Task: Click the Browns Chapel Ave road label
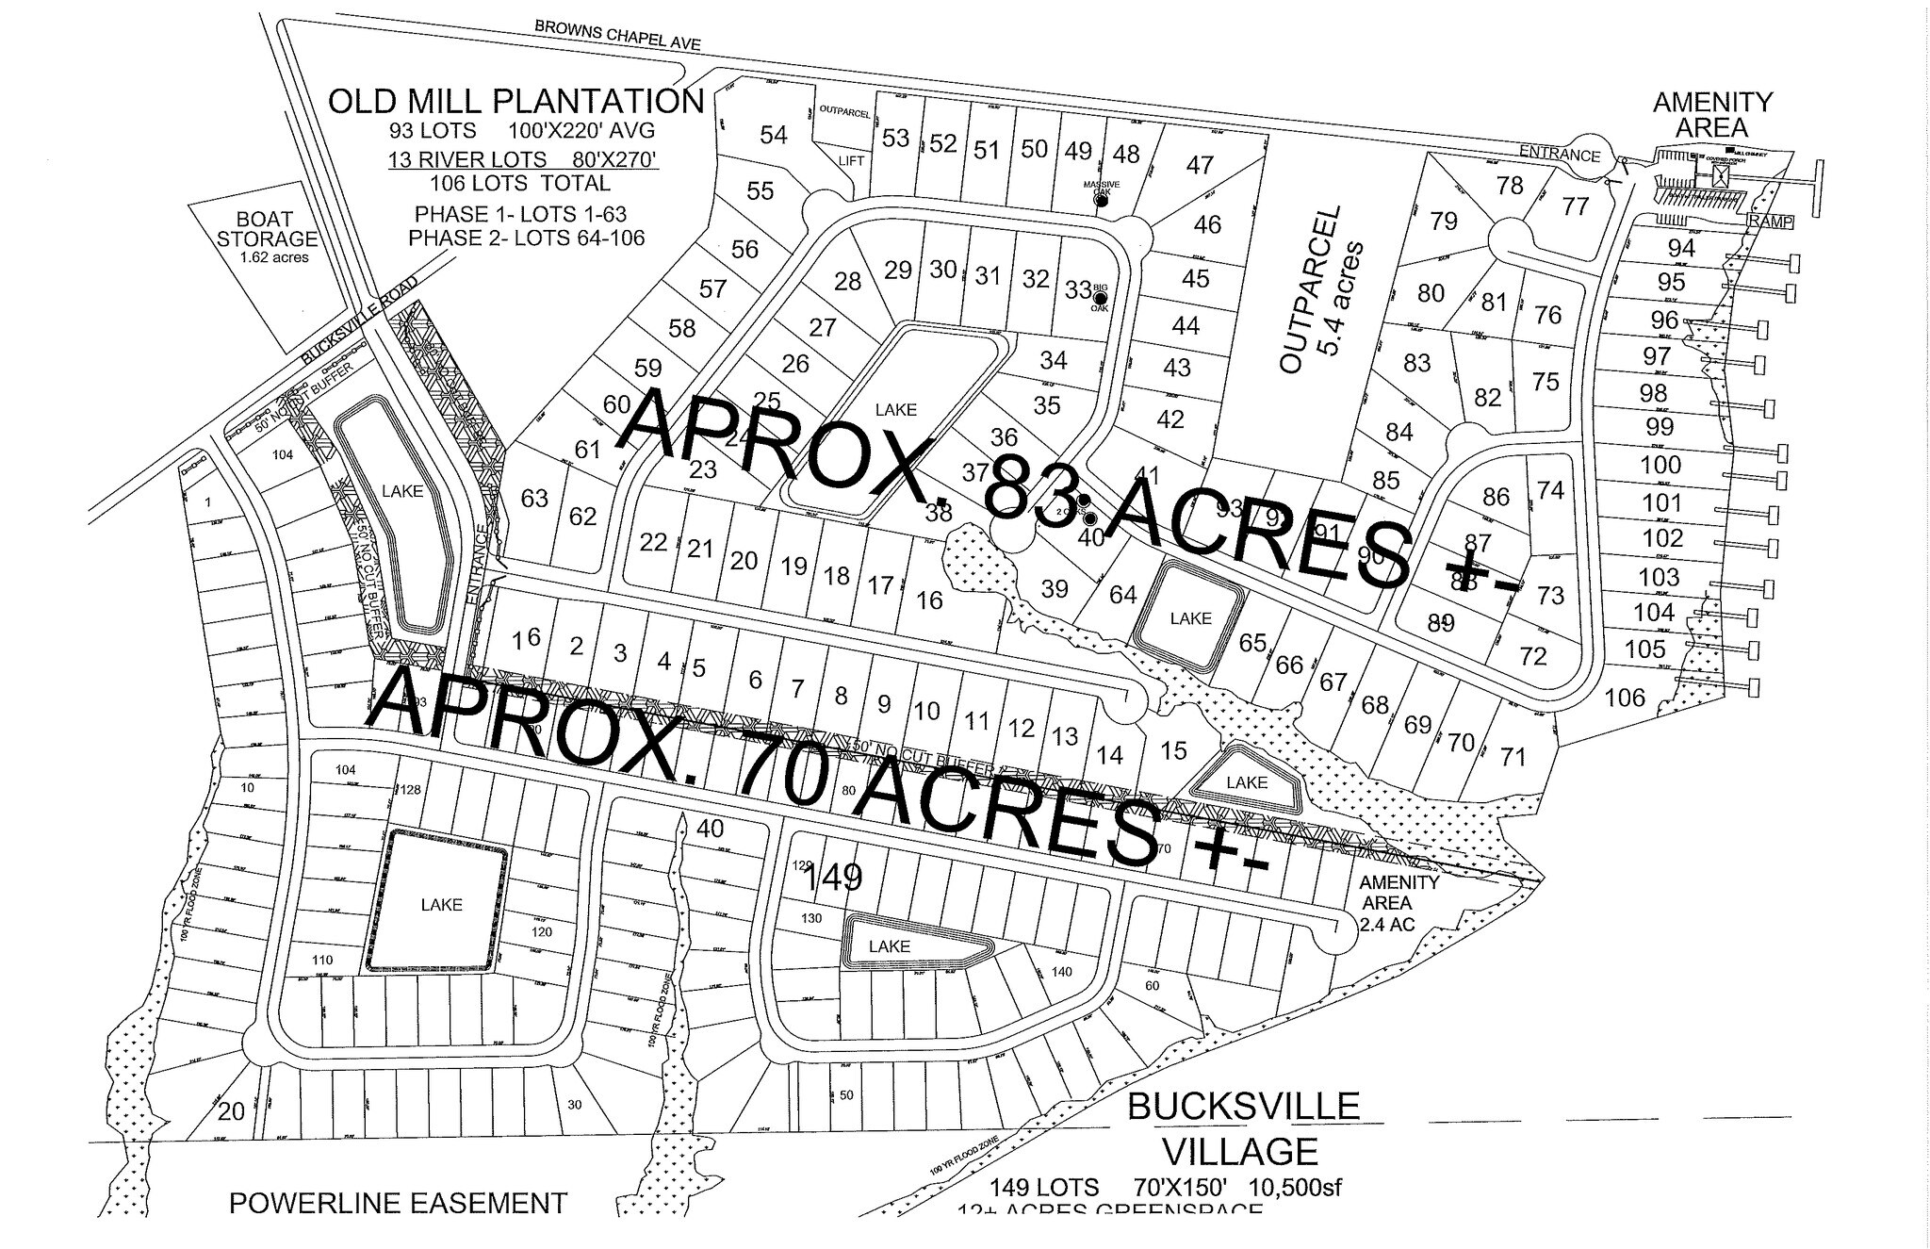617,35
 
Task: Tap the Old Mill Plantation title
515,101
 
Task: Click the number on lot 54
773,136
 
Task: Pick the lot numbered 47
1200,165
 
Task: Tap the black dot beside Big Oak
1100,298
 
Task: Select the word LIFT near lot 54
851,161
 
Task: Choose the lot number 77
1575,205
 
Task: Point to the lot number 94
1681,248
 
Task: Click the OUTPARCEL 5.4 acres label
1317,289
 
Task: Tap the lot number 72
1533,656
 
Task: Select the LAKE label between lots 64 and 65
1190,618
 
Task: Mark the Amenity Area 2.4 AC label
1398,903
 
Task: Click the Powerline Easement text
399,1203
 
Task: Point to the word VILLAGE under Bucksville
1239,1151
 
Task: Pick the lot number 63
534,497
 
